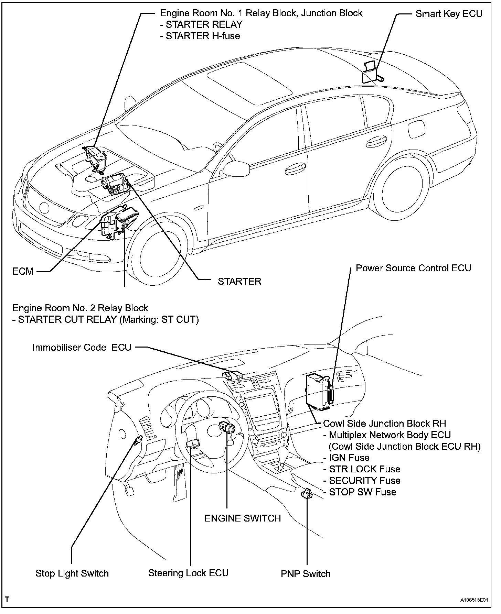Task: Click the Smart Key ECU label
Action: point(449,14)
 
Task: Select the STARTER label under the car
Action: point(239,281)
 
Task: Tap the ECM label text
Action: point(23,272)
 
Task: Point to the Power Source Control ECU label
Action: point(413,268)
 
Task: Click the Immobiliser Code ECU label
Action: point(82,348)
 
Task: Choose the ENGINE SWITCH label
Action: point(243,518)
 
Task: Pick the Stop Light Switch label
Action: point(72,573)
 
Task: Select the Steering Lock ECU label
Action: point(188,573)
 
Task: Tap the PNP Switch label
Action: point(306,574)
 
